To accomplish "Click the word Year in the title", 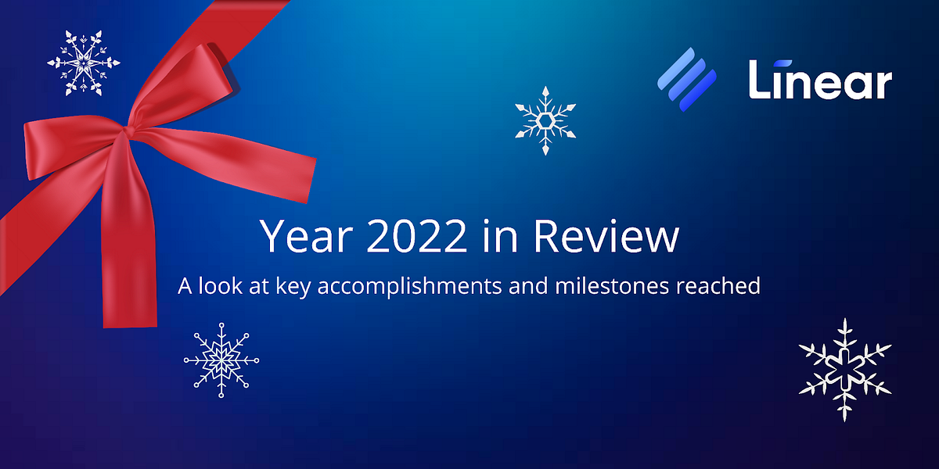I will (x=297, y=236).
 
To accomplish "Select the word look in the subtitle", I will (x=217, y=286).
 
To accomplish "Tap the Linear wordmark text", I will (x=819, y=81).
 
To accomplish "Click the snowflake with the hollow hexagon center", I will (x=545, y=119).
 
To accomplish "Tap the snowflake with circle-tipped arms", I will (x=221, y=360).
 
